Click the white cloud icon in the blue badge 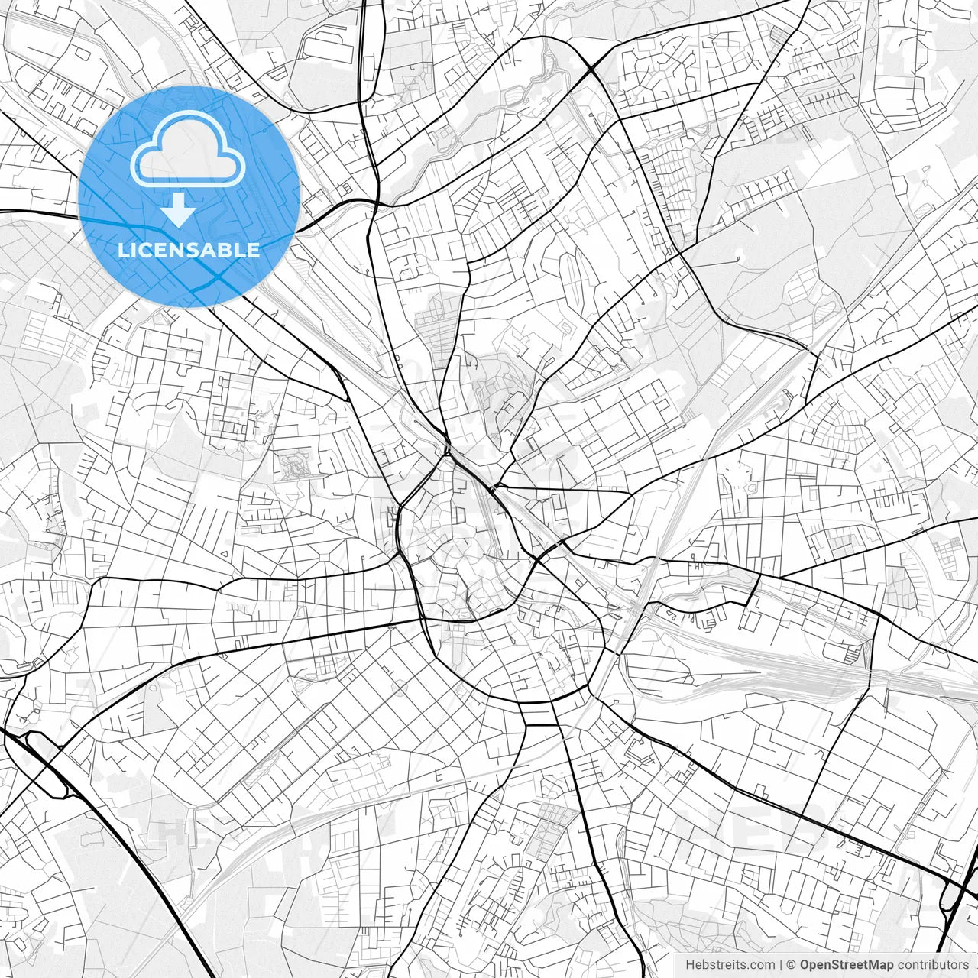pos(188,150)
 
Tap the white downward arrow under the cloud pos(179,209)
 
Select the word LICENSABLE pos(189,250)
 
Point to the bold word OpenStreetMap pos(847,965)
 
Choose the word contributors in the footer pos(932,965)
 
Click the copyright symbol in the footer pos(792,965)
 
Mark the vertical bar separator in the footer pos(781,965)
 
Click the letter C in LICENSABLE pos(141,250)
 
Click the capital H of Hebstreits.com pos(690,965)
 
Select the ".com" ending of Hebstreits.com pos(762,965)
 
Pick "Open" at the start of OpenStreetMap pos(814,965)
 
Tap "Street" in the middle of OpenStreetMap pos(849,965)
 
